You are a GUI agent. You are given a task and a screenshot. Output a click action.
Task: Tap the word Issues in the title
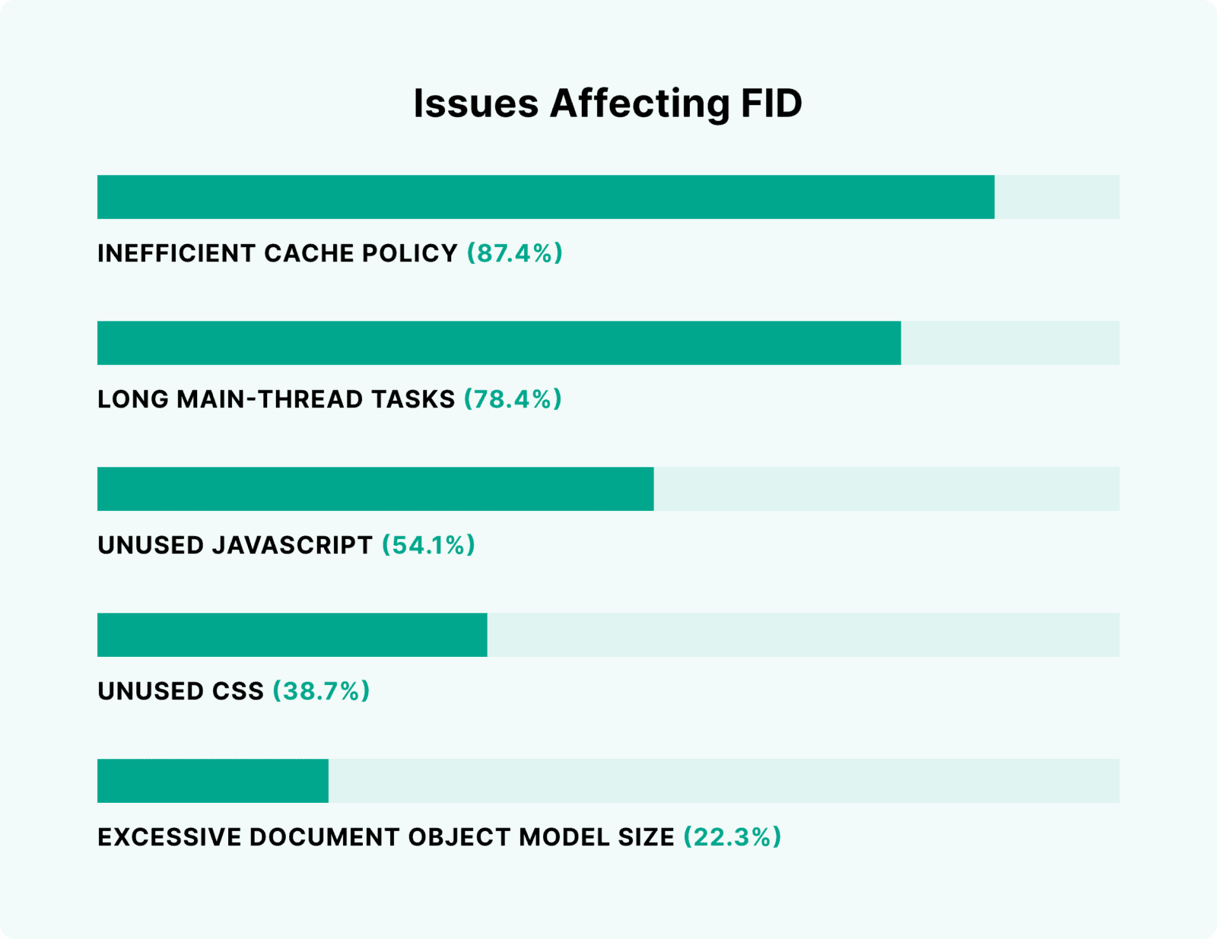[475, 103]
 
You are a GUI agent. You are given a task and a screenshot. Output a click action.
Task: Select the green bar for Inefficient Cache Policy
[545, 197]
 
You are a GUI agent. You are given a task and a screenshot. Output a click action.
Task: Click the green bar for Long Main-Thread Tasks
[499, 343]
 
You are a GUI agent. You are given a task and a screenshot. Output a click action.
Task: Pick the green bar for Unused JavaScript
[375, 489]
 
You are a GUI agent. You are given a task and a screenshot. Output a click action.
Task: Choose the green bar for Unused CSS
[292, 635]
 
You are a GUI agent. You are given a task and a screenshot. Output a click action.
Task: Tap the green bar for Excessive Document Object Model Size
[213, 781]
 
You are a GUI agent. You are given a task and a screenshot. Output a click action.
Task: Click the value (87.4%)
[515, 253]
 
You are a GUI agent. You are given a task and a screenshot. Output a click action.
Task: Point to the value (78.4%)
[513, 399]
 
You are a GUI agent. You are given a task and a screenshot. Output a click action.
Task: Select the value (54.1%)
[428, 545]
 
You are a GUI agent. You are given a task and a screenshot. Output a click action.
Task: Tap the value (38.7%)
[321, 691]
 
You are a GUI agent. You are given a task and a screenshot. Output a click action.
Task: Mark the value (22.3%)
[732, 837]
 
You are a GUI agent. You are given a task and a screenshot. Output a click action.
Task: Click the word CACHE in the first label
[309, 253]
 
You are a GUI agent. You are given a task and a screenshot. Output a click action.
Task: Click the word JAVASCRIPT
[292, 545]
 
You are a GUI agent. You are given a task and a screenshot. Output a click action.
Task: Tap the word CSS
[239, 691]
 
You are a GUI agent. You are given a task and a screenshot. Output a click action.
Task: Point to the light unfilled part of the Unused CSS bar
[802, 635]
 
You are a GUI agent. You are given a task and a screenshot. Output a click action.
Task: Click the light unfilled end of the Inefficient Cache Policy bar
[1057, 197]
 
